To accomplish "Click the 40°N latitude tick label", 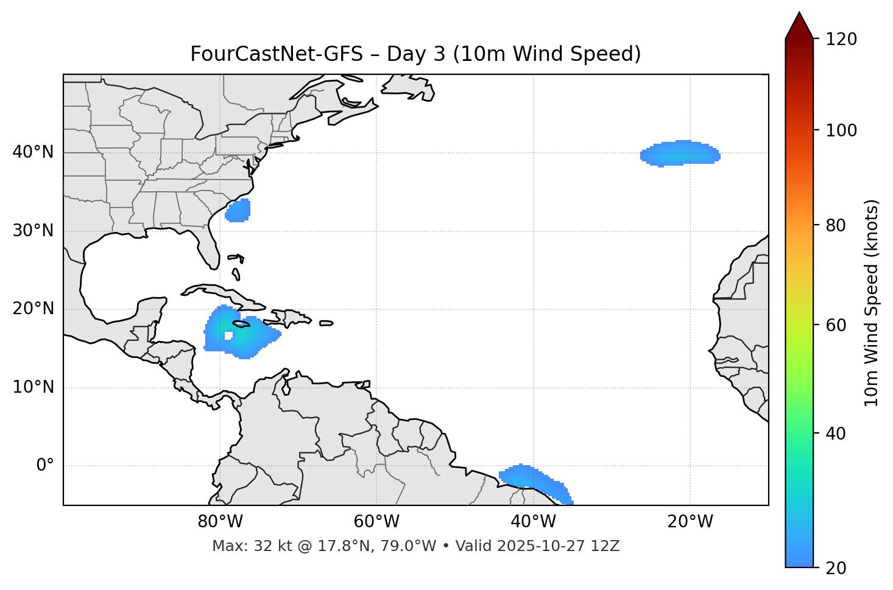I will [x=33, y=152].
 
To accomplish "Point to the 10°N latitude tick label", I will [x=33, y=387].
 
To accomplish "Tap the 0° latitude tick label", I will [x=45, y=466].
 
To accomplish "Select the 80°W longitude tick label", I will [x=220, y=522].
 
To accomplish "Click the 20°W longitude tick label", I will [x=690, y=522].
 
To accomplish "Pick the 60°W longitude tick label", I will [x=376, y=522].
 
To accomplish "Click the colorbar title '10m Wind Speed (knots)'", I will [x=872, y=303].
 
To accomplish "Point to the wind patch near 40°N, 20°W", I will [x=680, y=153].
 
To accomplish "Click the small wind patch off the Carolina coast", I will [x=238, y=211].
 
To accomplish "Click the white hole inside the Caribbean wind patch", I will [x=228, y=335].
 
